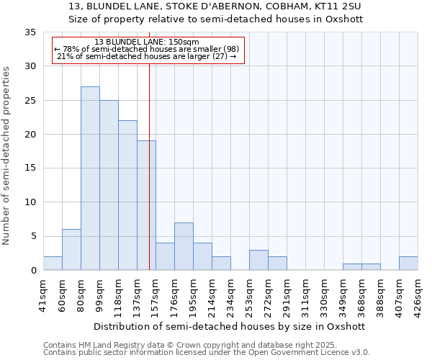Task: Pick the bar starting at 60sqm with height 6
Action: pyautogui.click(x=71, y=250)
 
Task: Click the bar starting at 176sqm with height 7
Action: pyautogui.click(x=184, y=246)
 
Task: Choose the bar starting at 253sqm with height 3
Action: pyautogui.click(x=258, y=260)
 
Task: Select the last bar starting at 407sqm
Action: pyautogui.click(x=408, y=264)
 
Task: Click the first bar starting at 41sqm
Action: pyautogui.click(x=53, y=264)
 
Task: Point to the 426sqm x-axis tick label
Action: pyautogui.click(x=418, y=295)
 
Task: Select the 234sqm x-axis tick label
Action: pyautogui.click(x=230, y=295)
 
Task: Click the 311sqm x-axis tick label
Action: pyautogui.click(x=305, y=295)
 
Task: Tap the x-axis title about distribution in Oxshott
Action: pyautogui.click(x=230, y=326)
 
